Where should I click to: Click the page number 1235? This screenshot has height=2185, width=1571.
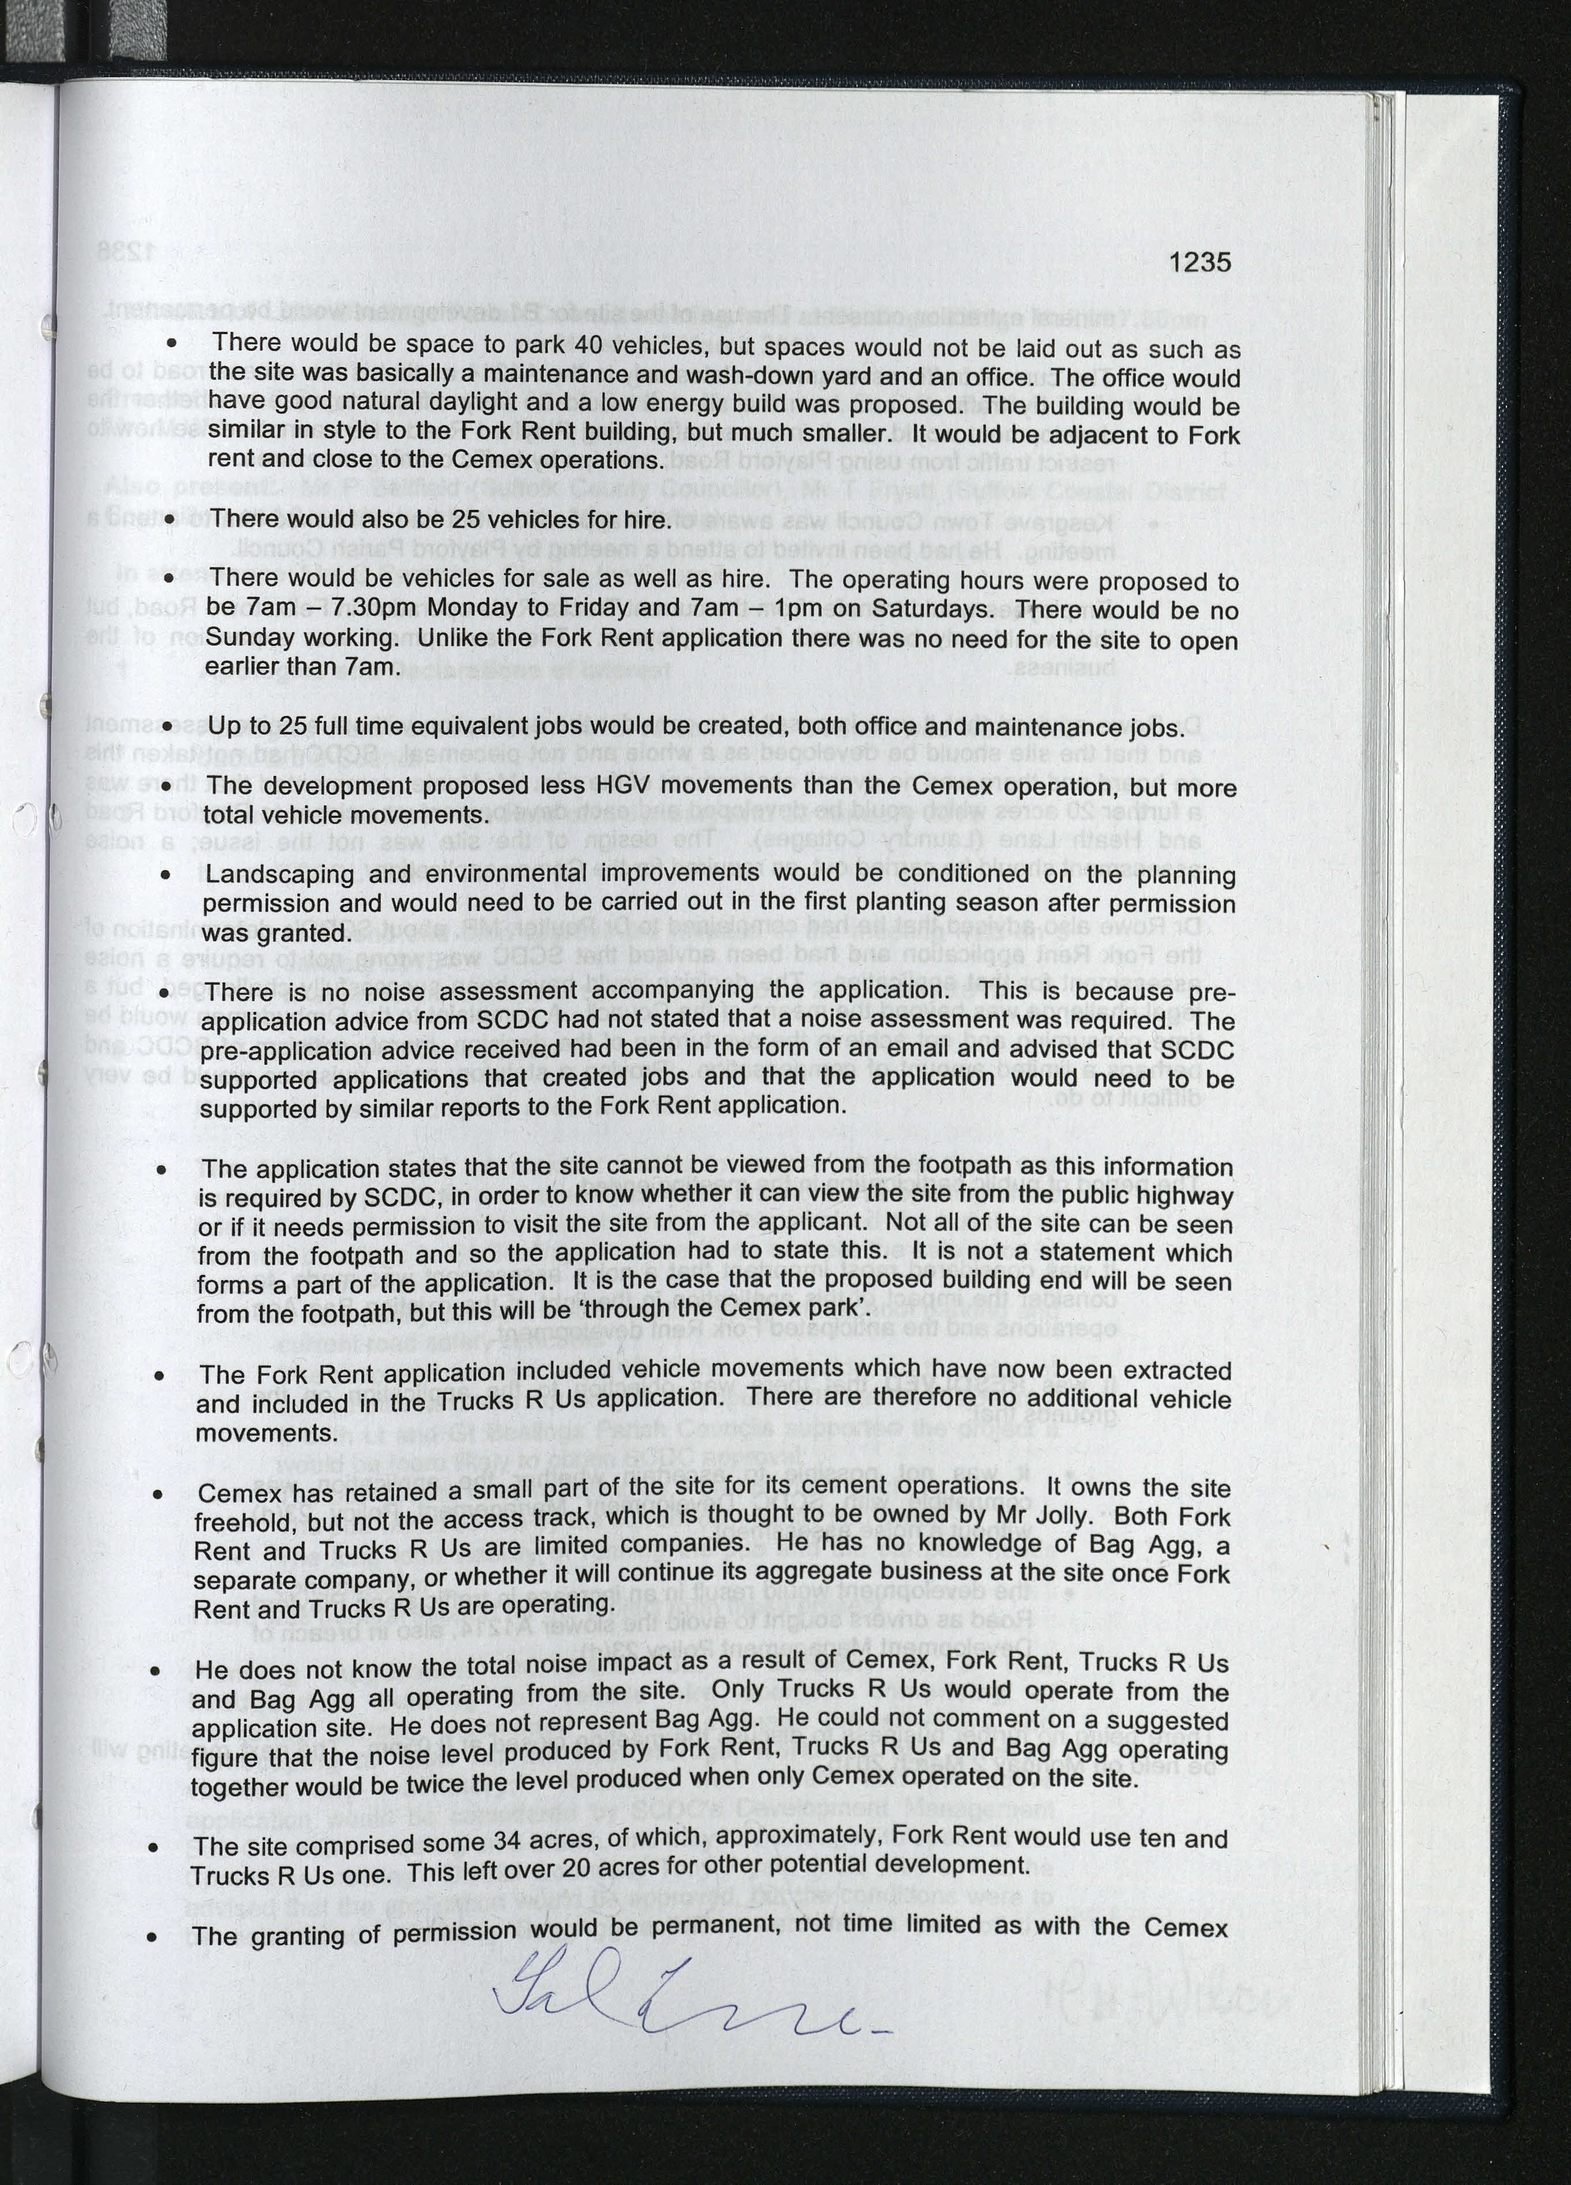[1200, 262]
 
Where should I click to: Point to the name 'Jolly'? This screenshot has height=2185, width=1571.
[1059, 1516]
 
